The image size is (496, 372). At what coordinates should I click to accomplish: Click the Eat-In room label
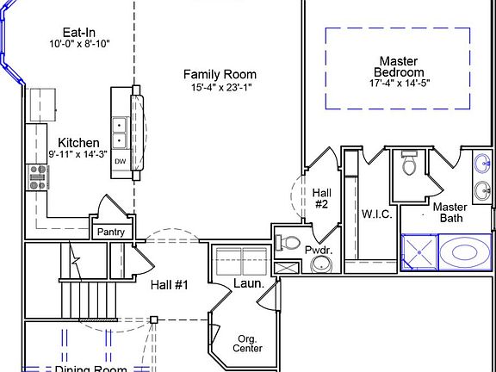(72, 33)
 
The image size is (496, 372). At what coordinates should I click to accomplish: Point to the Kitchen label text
(78, 142)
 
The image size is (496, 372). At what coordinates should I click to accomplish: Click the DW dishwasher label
(121, 162)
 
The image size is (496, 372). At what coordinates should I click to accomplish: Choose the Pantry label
(110, 232)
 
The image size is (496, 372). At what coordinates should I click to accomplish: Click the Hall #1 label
(169, 285)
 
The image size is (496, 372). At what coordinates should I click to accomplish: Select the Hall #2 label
(321, 198)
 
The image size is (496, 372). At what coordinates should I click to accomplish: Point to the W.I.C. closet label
(376, 214)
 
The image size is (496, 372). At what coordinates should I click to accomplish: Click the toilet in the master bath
(409, 163)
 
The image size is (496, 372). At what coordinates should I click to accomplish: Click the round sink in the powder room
(321, 263)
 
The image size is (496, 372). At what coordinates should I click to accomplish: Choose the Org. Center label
(248, 343)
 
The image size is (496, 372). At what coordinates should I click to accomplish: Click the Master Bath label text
(449, 212)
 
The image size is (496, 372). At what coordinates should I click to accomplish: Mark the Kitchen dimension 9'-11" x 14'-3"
(78, 154)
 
